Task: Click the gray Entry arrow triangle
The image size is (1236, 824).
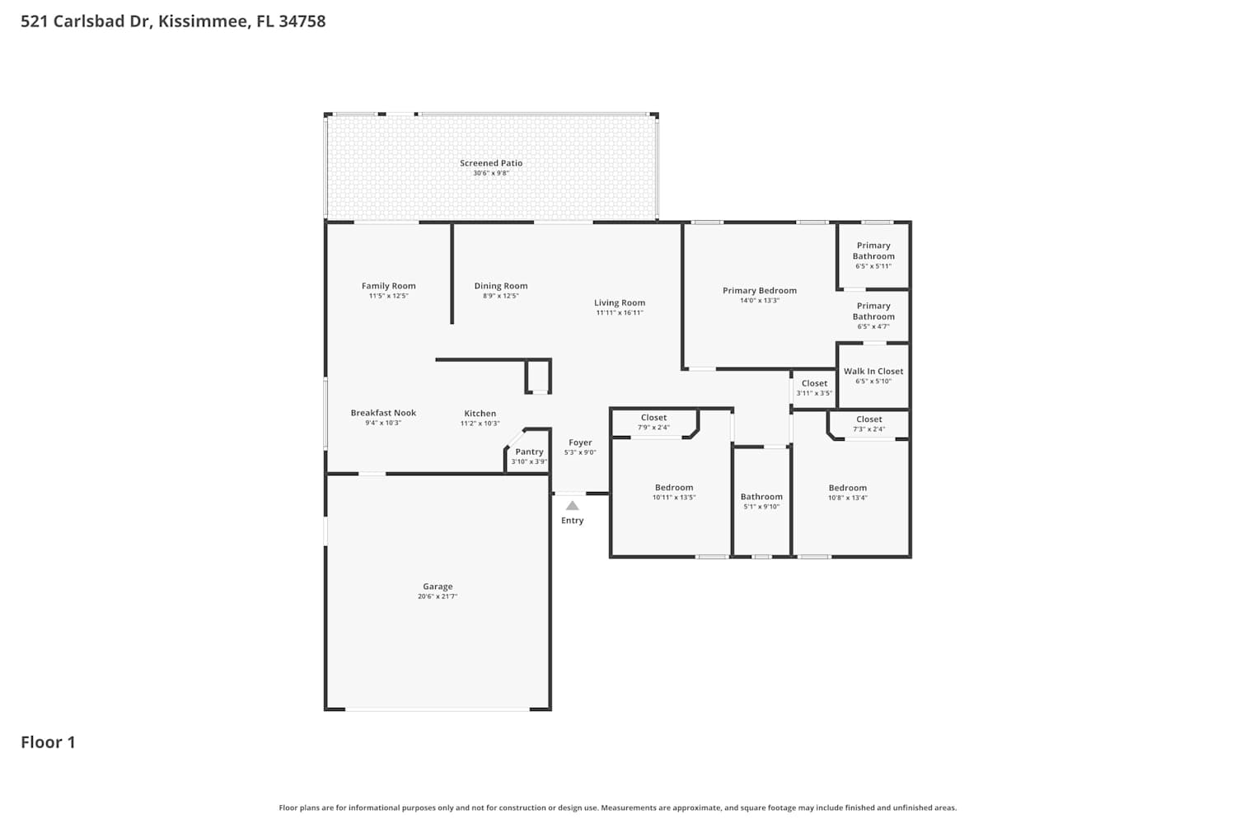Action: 572,506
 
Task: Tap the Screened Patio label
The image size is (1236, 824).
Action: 491,163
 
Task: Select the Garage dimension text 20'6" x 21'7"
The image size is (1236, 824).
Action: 438,596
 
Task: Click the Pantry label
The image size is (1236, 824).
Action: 529,452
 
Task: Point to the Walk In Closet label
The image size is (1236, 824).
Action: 873,371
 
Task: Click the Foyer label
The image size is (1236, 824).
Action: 580,442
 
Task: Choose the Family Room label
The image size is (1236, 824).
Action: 388,286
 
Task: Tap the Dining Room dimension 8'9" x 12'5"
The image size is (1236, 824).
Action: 501,296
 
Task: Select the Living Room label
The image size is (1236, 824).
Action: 620,302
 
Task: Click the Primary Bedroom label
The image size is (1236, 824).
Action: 760,290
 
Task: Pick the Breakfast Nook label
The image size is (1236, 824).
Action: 383,413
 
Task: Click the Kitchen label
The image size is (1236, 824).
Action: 480,414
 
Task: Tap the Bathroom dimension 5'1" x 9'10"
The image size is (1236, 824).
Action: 761,507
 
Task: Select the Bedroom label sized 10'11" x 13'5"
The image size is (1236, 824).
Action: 674,487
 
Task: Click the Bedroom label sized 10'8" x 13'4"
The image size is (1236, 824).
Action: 848,488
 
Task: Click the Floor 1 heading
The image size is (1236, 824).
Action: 48,742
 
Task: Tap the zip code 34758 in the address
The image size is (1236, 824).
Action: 302,21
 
